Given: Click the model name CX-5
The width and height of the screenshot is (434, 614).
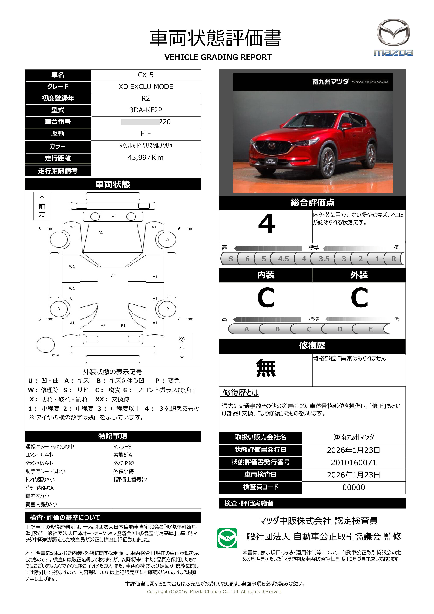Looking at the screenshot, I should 146,75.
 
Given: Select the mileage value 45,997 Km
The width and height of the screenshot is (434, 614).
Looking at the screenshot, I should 146,158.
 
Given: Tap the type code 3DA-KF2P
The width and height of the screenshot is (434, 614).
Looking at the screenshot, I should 146,110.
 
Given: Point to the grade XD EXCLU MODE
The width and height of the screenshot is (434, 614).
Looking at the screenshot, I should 146,87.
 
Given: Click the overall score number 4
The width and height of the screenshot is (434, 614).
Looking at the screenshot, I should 267,224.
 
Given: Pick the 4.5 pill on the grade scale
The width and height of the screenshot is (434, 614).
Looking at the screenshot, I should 283,259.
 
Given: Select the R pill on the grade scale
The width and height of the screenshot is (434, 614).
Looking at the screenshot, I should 393,259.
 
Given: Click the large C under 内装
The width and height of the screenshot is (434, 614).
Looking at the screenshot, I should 266,298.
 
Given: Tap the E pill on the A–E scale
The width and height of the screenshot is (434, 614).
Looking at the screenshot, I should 371,329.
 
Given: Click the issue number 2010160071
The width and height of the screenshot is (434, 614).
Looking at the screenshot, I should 353,463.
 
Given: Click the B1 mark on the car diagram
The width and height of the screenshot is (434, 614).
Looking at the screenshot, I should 123,326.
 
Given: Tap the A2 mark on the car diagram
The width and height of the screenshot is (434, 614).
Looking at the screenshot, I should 103,326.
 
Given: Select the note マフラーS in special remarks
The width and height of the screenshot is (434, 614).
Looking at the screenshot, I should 122,447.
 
